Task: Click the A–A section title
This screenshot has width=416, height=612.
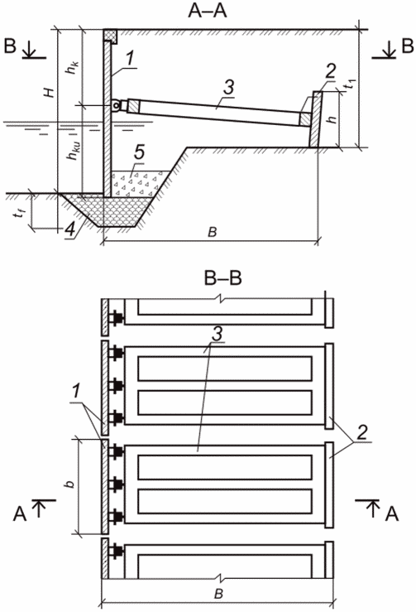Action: point(207,12)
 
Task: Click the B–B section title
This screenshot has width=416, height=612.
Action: point(223,279)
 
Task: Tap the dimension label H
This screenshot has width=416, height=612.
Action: point(50,93)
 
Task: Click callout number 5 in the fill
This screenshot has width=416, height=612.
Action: point(140,153)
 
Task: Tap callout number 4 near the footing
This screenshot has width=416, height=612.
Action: point(70,229)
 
